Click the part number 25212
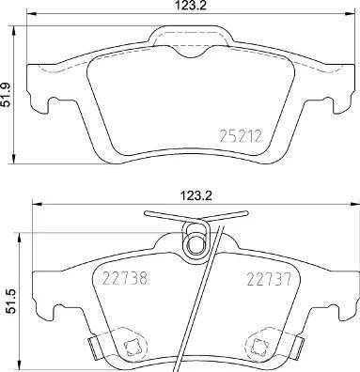241,136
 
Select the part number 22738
125,278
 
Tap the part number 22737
270,279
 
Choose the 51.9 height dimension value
7,95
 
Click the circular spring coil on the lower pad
196,243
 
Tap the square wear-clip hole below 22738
131,345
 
